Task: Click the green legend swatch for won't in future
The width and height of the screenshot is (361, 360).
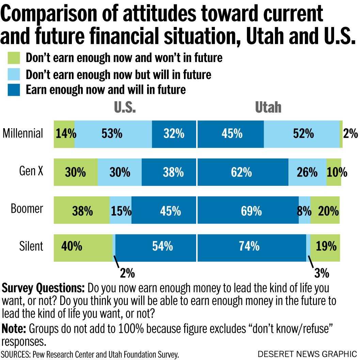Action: point(14,58)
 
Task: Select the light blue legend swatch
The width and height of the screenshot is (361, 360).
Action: point(14,74)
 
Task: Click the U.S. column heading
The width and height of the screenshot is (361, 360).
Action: point(125,107)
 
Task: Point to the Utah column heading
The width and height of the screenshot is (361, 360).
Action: point(268,107)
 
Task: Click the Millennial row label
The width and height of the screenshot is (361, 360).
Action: point(23,133)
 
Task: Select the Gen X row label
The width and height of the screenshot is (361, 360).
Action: point(31,171)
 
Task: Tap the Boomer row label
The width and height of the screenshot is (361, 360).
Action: point(27,209)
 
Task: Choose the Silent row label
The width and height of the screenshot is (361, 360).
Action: point(31,246)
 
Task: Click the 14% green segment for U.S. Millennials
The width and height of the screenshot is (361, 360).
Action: point(64,134)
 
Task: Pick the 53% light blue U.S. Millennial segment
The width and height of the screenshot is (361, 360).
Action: point(113,134)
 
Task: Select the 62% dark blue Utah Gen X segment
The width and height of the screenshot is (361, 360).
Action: point(242,172)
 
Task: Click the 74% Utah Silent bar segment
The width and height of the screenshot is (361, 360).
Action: point(251,246)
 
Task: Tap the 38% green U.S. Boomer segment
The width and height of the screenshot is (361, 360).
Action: point(82,210)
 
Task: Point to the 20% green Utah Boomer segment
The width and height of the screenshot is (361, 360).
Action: point(325,210)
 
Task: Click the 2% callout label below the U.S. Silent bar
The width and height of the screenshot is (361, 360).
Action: point(127,273)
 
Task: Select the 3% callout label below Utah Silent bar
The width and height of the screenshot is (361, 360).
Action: point(321,273)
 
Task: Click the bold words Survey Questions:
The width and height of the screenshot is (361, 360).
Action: point(43,288)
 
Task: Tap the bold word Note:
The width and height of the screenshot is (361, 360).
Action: point(14,329)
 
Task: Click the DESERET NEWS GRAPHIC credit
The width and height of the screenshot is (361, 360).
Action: point(307,353)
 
